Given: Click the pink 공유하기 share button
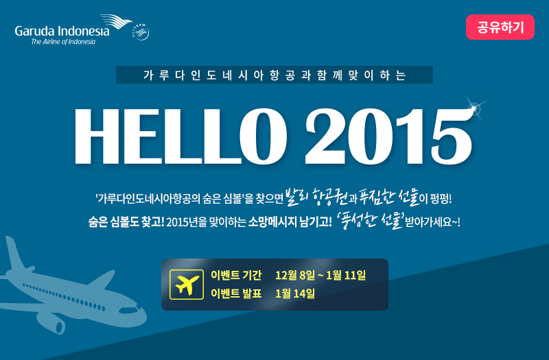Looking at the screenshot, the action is pyautogui.click(x=500, y=27).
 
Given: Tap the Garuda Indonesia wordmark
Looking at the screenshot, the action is pyautogui.click(x=62, y=31).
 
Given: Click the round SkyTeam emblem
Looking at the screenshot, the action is pyautogui.click(x=141, y=32).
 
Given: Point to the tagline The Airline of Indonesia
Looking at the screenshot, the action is pyautogui.click(x=63, y=42).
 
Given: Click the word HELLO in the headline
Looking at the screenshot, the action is pyautogui.click(x=181, y=136).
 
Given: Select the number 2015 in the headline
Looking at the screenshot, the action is pyautogui.click(x=389, y=136).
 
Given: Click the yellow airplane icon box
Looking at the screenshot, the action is pyautogui.click(x=187, y=285).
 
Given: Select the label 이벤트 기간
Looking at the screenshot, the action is pyautogui.click(x=236, y=276).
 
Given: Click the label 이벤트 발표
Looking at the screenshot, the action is pyautogui.click(x=236, y=293).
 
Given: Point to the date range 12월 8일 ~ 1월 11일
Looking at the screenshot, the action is pyautogui.click(x=320, y=276).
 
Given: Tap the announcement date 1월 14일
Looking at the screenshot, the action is pyautogui.click(x=295, y=293).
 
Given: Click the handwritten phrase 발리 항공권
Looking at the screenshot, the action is pyautogui.click(x=316, y=197).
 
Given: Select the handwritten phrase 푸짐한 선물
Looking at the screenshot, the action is pyautogui.click(x=389, y=197).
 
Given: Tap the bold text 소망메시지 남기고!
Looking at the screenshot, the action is pyautogui.click(x=290, y=221).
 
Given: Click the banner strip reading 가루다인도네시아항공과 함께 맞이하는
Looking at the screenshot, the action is pyautogui.click(x=274, y=75).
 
